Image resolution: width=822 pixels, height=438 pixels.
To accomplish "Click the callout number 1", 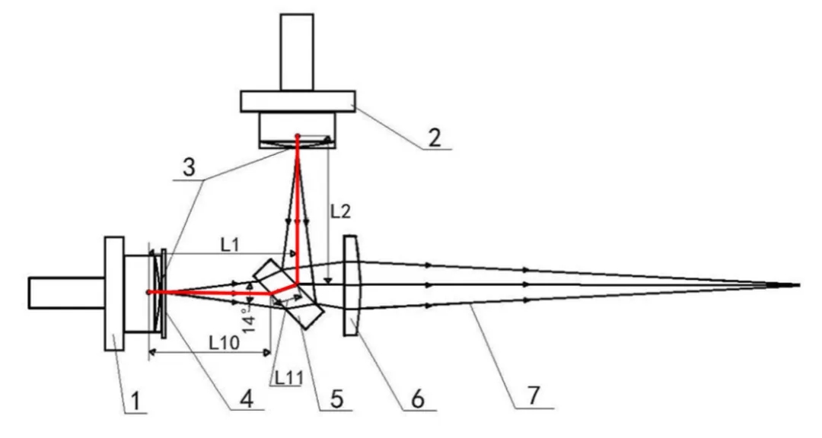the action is click(x=135, y=401).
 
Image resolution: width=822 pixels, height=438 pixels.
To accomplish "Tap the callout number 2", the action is click(x=434, y=138).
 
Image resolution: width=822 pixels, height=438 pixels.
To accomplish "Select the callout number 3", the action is click(x=189, y=167).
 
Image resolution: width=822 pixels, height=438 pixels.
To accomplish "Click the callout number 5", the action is click(x=336, y=398).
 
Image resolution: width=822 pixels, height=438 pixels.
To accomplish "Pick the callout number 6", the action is click(x=418, y=399).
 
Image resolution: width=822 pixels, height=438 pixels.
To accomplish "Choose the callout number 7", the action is click(x=533, y=395).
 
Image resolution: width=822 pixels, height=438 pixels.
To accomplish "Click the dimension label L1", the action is click(x=230, y=245).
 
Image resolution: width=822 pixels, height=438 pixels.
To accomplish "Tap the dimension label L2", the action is click(x=340, y=211).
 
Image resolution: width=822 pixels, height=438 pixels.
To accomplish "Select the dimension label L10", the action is click(x=225, y=343).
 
